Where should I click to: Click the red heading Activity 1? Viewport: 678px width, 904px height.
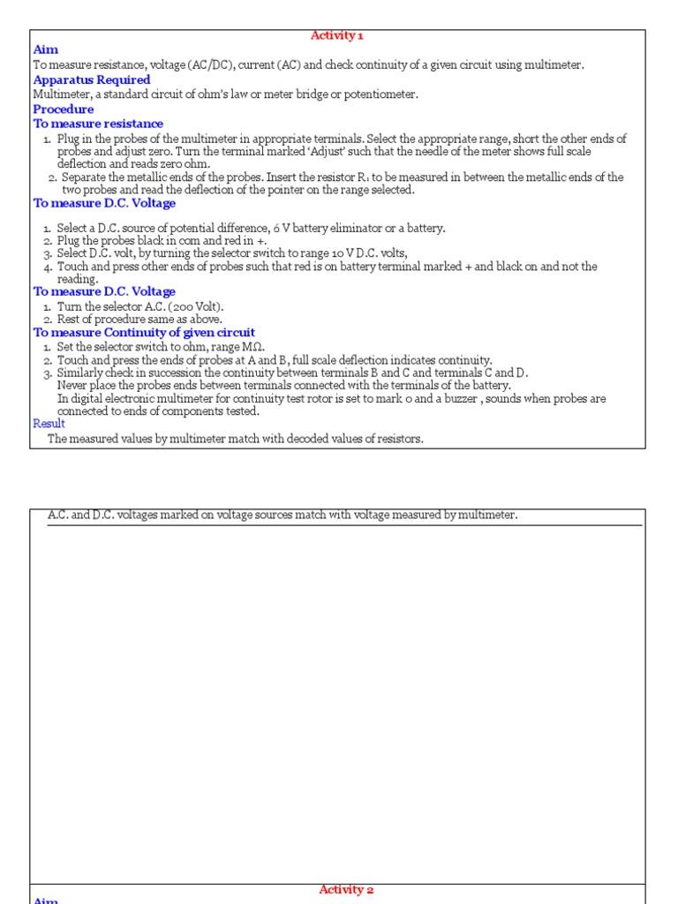coord(336,36)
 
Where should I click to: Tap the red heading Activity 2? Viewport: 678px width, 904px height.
coord(346,890)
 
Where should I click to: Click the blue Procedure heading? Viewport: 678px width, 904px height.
coord(64,109)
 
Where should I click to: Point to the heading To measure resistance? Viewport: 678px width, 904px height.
coord(98,124)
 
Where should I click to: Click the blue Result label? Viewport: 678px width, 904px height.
coord(49,424)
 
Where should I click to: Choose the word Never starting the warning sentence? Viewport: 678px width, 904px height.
coord(74,386)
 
